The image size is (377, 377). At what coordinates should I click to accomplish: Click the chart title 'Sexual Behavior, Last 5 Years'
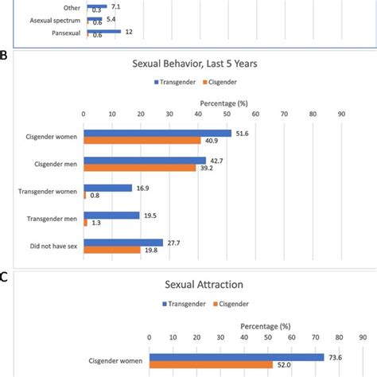212,64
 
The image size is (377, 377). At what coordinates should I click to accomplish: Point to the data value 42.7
220,160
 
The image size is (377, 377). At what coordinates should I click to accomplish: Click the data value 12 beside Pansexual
130,31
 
